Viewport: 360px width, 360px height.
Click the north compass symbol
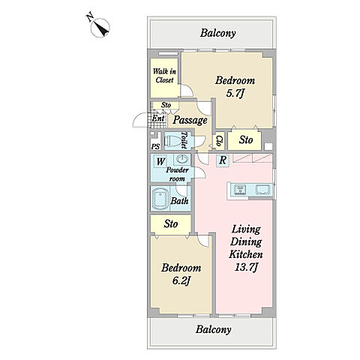[x=100, y=28]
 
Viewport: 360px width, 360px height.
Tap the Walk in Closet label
[x=164, y=76]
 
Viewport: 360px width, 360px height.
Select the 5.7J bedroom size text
[x=235, y=94]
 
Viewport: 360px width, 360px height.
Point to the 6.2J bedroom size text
[x=181, y=281]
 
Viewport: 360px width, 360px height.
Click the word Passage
[x=190, y=121]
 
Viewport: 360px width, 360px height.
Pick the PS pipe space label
[x=155, y=146]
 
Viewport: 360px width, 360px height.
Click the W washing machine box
[x=160, y=161]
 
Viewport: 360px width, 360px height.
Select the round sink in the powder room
[x=181, y=159]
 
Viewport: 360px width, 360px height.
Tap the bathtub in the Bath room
[x=160, y=199]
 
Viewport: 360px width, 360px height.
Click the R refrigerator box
[x=223, y=160]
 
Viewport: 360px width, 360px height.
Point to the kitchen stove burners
[x=240, y=190]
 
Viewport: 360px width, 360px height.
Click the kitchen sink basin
[x=262, y=189]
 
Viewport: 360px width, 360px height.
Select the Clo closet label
[x=219, y=141]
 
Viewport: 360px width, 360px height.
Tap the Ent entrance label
[x=158, y=118]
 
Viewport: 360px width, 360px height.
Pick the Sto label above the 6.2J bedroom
[x=171, y=224]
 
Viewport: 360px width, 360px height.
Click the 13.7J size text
[x=246, y=268]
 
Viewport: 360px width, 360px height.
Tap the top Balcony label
[x=217, y=33]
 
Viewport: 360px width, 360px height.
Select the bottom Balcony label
[x=213, y=329]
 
